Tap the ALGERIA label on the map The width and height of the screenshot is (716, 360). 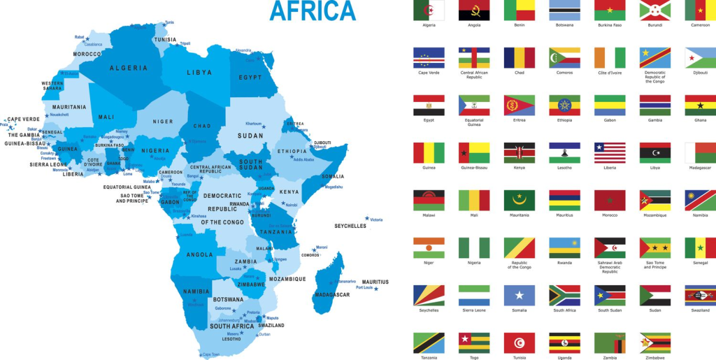129,68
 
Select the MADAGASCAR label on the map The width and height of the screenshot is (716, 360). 331,294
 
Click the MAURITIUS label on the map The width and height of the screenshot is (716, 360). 375,282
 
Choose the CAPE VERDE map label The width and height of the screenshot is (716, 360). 23,119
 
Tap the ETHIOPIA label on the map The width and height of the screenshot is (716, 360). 292,151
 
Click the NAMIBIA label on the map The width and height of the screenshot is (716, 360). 196,291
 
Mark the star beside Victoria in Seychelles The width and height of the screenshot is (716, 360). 366,218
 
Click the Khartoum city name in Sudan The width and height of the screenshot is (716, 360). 253,123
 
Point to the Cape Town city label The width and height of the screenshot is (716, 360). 211,355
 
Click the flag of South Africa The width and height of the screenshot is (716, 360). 564,295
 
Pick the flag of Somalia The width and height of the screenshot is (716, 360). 519,295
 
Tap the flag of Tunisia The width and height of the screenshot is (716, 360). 519,343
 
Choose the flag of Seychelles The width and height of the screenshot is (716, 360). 429,295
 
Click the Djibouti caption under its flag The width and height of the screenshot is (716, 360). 700,72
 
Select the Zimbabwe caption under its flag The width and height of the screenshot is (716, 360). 655,358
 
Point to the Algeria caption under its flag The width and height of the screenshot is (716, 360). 429,25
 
